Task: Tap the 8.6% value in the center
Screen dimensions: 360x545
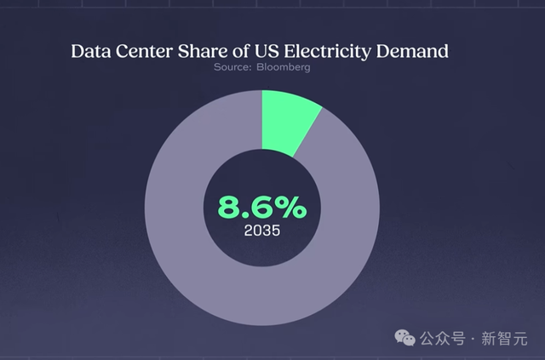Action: click(x=262, y=207)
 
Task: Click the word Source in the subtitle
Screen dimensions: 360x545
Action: click(x=230, y=68)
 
